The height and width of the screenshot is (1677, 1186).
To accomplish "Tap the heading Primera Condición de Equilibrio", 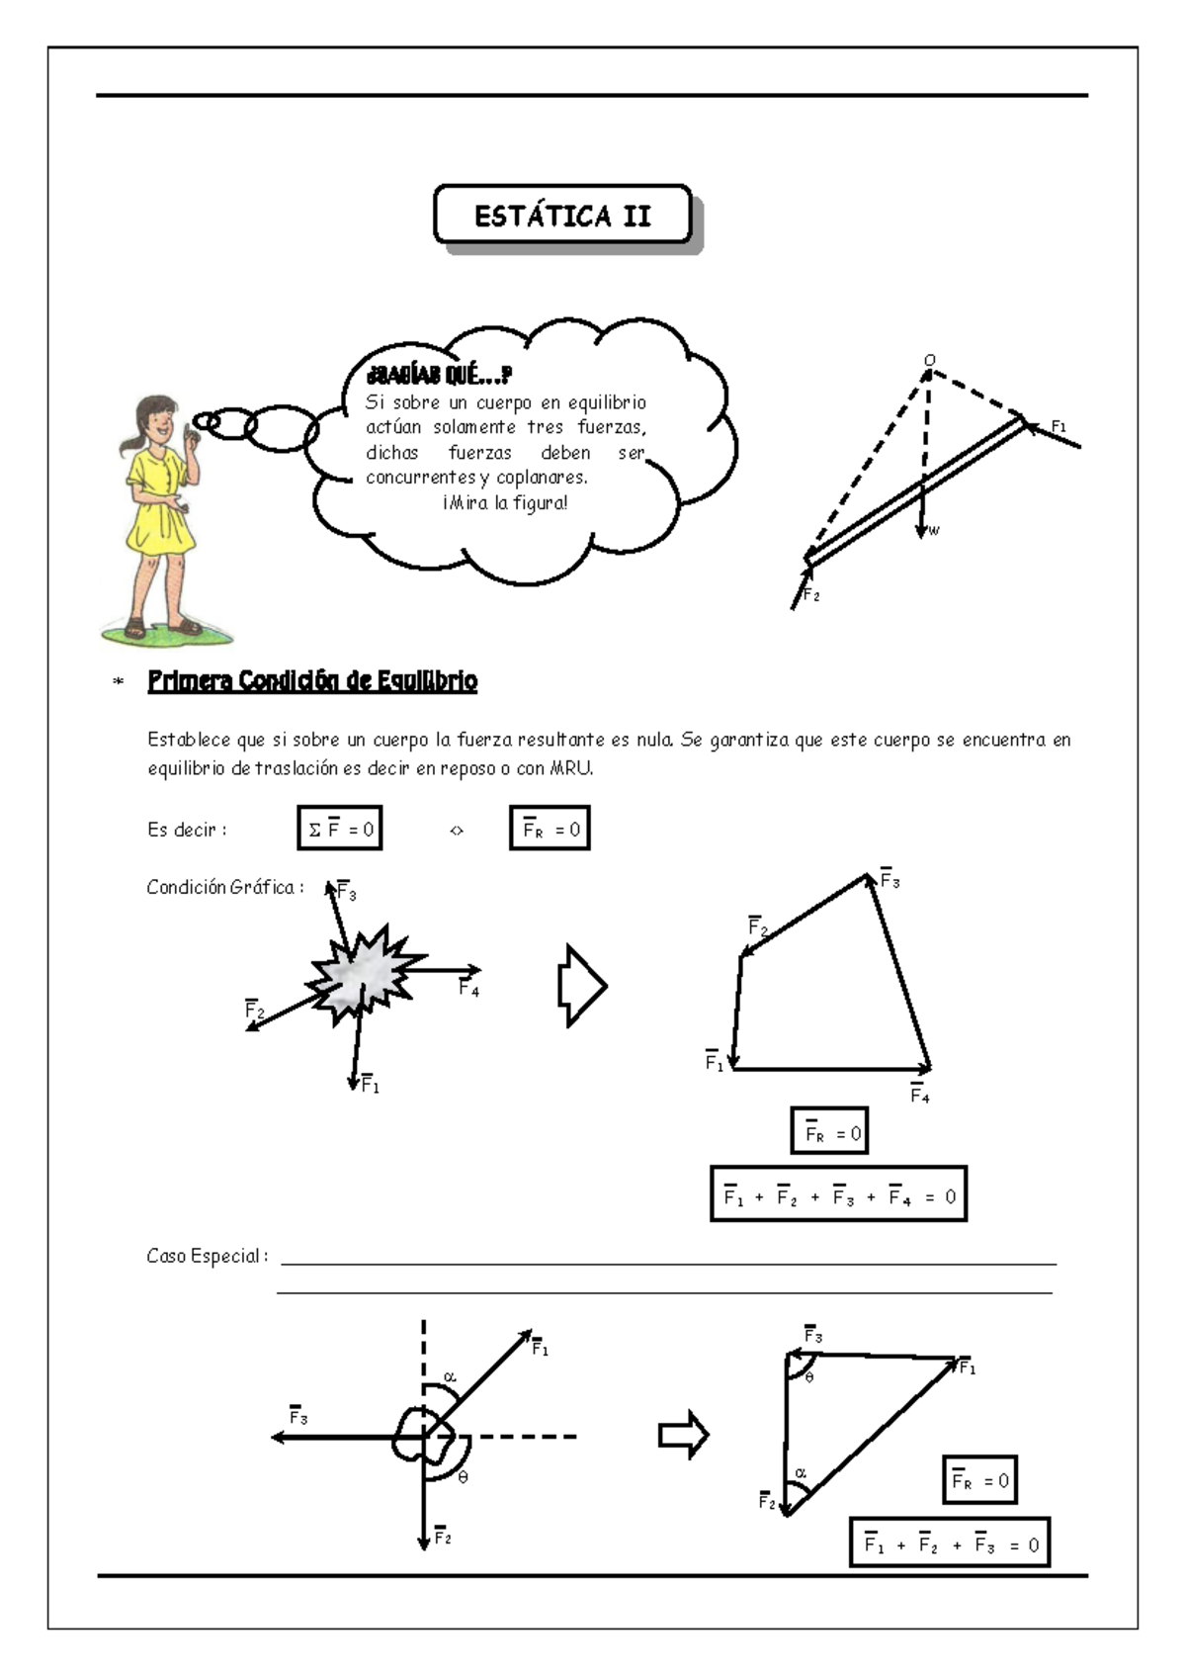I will (312, 681).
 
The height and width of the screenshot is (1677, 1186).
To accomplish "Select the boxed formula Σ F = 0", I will (340, 829).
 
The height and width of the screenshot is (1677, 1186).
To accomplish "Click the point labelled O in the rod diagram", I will (929, 362).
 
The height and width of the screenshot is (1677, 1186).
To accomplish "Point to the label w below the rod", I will (934, 531).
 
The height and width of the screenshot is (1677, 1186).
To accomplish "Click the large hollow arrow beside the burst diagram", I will (582, 986).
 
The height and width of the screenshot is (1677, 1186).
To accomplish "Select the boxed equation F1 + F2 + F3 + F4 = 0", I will (838, 1194).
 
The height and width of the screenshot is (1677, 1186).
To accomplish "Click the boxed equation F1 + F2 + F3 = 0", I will (950, 1544).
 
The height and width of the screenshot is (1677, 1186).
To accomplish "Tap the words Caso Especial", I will (206, 1257).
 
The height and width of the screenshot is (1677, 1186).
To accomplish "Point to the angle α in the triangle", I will (801, 1473).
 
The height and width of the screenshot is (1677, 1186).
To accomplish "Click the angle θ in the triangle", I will (809, 1377).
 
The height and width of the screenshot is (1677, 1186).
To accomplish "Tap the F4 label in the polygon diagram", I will (919, 1096).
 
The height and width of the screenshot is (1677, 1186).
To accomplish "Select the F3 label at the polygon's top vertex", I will (889, 880).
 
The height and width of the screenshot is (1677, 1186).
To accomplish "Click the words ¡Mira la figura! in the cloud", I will (505, 503).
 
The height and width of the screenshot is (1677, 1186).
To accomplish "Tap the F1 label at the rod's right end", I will (1059, 426).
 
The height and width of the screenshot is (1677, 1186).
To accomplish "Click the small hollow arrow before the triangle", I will (684, 1435).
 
